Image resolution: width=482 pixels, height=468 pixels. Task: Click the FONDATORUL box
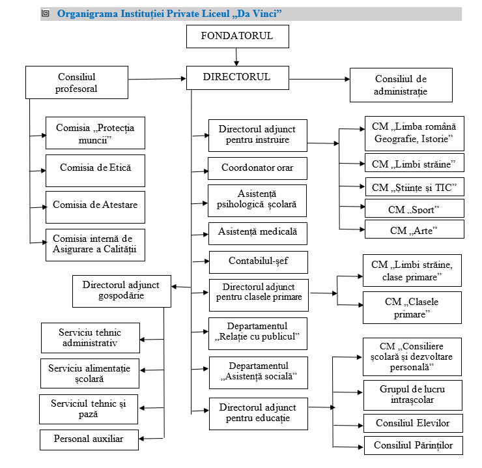tap(238, 37)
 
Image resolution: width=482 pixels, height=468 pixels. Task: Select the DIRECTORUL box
tap(238, 78)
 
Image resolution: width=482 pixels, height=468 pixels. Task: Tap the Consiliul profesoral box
tap(77, 82)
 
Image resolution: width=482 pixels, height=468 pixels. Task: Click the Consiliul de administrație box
tap(401, 85)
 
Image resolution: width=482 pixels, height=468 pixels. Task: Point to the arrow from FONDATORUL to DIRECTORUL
tap(236, 57)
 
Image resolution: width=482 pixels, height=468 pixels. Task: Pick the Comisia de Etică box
tap(95, 171)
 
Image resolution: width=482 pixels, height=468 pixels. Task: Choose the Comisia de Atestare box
tap(95, 207)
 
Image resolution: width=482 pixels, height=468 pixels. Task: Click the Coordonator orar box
tap(257, 168)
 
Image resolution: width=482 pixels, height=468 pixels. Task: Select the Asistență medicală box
tap(258, 233)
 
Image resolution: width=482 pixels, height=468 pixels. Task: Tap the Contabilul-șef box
tap(259, 262)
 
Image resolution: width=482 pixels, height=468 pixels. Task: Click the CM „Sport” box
tap(414, 209)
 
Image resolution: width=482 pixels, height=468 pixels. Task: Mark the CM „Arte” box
tap(414, 229)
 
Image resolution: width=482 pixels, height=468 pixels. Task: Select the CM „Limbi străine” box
tap(414, 162)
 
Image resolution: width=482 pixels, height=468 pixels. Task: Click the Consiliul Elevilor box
tap(413, 424)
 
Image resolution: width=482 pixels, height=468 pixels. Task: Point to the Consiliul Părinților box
tap(414, 445)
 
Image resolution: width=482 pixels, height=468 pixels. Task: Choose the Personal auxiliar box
tap(89, 440)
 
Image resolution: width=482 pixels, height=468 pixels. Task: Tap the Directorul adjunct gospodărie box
tap(122, 291)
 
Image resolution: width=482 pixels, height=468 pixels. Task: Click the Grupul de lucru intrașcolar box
tap(413, 396)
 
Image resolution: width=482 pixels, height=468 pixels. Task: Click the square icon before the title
tap(46, 13)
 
